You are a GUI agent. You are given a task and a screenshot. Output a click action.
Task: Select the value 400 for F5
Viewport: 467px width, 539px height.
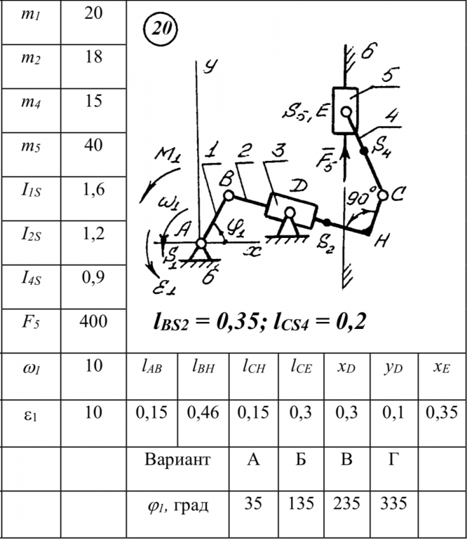click(93, 321)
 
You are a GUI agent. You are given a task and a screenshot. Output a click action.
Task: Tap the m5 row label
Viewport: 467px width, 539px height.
click(30, 145)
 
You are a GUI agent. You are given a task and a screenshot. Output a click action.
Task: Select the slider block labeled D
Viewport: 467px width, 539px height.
click(291, 207)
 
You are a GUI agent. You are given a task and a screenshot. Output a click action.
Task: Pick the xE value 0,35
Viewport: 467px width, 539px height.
click(442, 413)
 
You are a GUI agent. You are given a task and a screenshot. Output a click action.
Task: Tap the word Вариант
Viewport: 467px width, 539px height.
click(177, 461)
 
